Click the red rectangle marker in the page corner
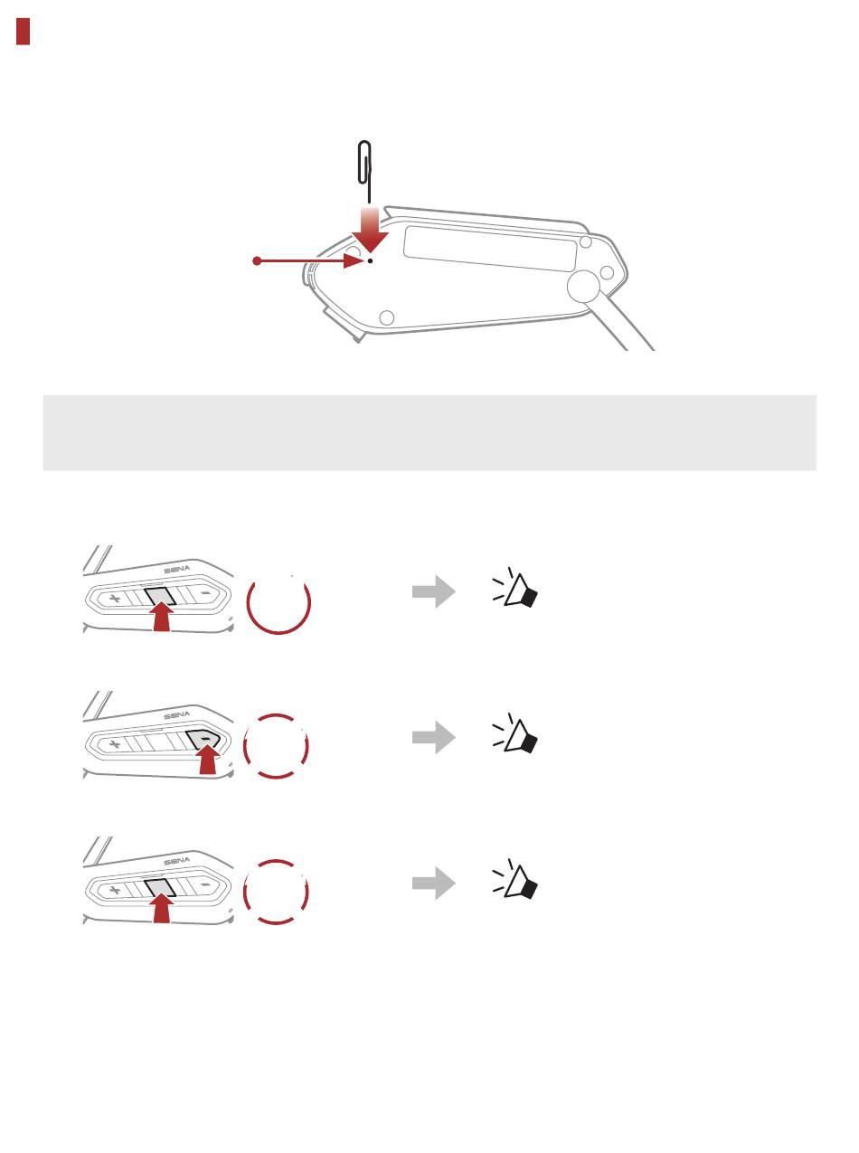(23, 31)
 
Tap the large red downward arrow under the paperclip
(370, 230)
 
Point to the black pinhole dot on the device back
(370, 260)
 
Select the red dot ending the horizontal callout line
(257, 260)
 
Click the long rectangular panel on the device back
(490, 248)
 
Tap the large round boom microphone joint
(583, 287)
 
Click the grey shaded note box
(429, 432)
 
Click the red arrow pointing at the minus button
(208, 759)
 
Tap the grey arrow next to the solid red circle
(434, 591)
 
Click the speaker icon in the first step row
(515, 588)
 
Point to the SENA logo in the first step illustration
(177, 570)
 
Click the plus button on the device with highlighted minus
(115, 744)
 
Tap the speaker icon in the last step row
(515, 879)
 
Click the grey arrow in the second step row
(434, 737)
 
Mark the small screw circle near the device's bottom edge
(387, 317)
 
